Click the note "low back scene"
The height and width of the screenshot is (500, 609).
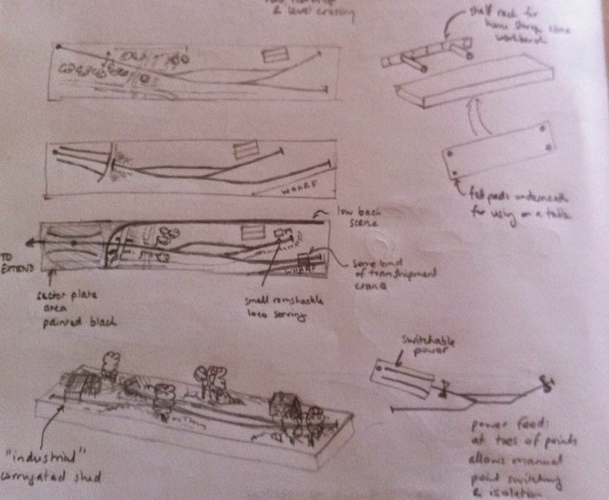point(353,217)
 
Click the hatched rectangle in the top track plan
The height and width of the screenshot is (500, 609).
point(274,55)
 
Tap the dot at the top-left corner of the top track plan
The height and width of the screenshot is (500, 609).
point(57,46)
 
